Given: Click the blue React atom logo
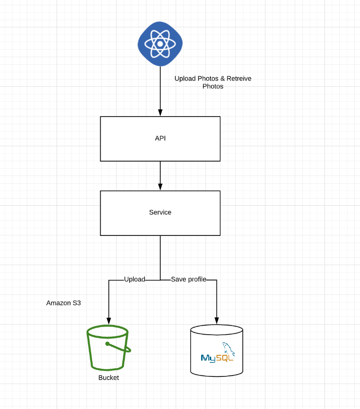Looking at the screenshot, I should pyautogui.click(x=160, y=44).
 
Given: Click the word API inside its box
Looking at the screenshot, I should pyautogui.click(x=160, y=138).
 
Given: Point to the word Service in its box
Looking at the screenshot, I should pyautogui.click(x=160, y=212).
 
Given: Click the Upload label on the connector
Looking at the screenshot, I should pyautogui.click(x=134, y=280).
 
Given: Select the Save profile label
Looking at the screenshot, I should pyautogui.click(x=188, y=280).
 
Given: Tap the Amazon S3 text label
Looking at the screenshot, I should pyautogui.click(x=64, y=303).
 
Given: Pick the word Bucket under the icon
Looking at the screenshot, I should pyautogui.click(x=108, y=378).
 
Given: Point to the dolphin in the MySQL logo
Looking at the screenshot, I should pyautogui.click(x=227, y=348).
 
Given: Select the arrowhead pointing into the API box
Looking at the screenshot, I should pyautogui.click(x=160, y=113).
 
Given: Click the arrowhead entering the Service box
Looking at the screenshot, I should pyautogui.click(x=160, y=187).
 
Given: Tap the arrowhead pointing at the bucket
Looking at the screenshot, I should pyautogui.click(x=108, y=321).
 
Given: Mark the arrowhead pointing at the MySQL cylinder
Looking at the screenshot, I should pyautogui.click(x=216, y=321).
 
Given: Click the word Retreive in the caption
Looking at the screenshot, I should pyautogui.click(x=239, y=79).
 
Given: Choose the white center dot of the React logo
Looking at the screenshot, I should pyautogui.click(x=160, y=44).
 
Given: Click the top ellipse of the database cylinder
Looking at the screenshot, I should pyautogui.click(x=216, y=330).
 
